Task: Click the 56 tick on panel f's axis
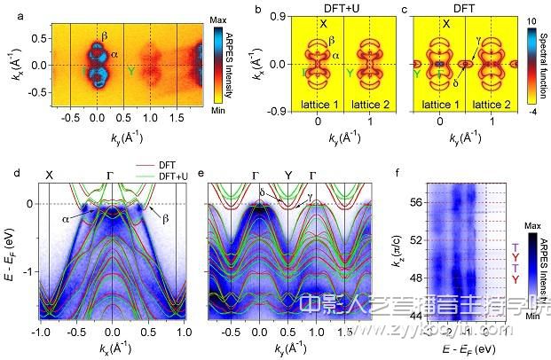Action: point(417,201)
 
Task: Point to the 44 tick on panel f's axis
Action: point(417,316)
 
